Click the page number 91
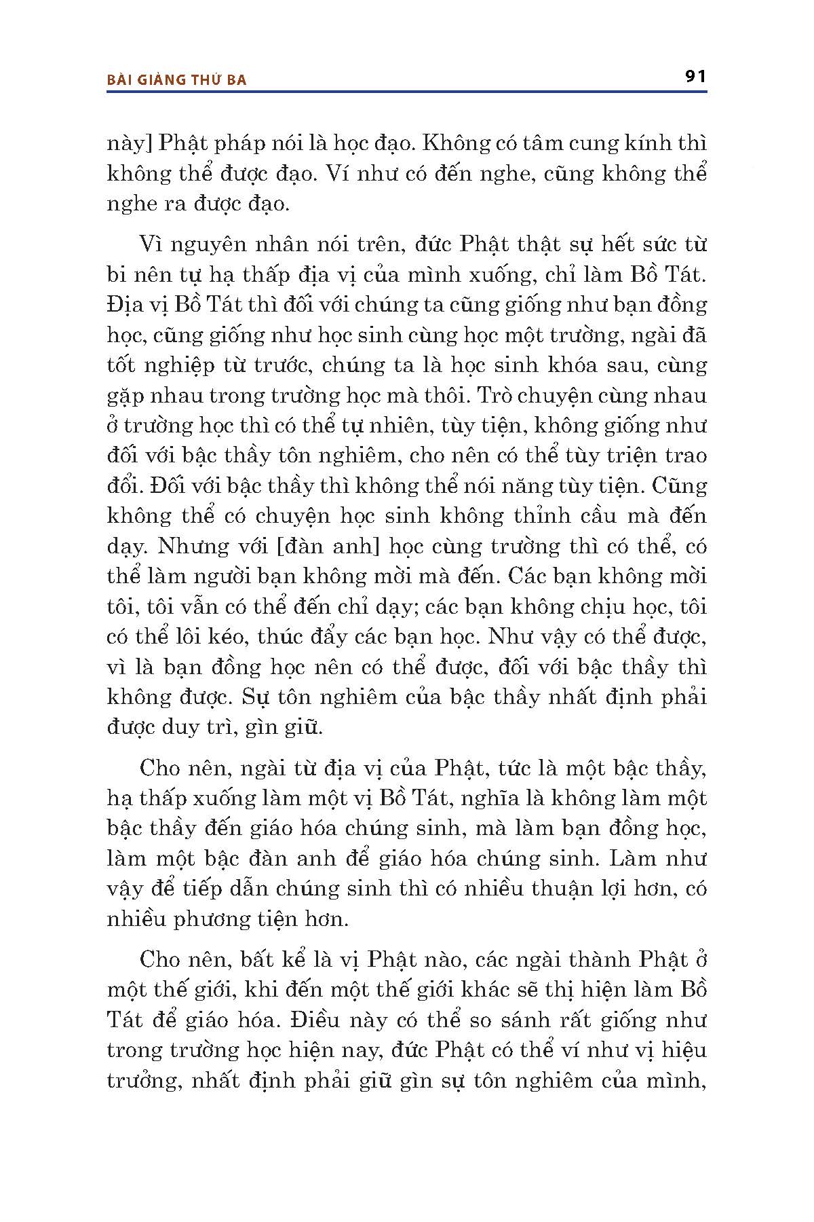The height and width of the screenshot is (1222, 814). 695,76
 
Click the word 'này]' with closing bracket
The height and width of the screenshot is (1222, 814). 126,145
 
